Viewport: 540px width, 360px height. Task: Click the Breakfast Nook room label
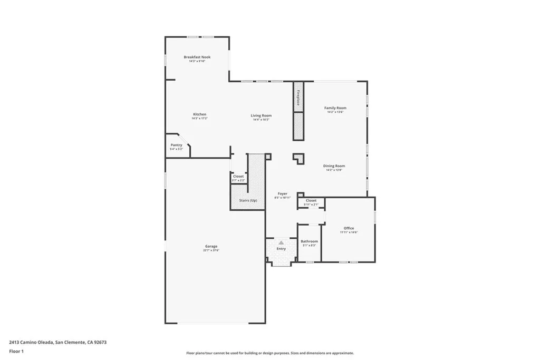(197, 57)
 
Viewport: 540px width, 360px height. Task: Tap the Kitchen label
(199, 114)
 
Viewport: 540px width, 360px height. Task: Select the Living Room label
(261, 115)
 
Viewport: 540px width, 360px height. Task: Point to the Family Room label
(335, 108)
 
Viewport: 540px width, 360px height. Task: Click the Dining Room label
(334, 166)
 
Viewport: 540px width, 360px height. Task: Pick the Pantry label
(176, 145)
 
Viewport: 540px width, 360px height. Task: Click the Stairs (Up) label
(248, 201)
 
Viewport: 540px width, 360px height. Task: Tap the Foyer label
(283, 194)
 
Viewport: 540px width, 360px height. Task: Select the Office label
(349, 228)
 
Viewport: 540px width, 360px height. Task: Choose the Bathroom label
(310, 241)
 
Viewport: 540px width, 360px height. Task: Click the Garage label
(211, 246)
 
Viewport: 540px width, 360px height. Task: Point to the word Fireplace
(298, 98)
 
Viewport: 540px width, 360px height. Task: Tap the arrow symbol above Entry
(281, 242)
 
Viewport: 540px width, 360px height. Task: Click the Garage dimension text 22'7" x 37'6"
(211, 250)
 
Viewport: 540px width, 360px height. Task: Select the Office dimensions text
(349, 232)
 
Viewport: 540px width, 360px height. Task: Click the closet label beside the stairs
(238, 177)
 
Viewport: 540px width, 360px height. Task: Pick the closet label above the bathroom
(311, 201)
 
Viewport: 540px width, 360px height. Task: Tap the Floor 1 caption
(16, 351)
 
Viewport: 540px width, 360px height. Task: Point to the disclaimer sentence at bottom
(269, 353)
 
